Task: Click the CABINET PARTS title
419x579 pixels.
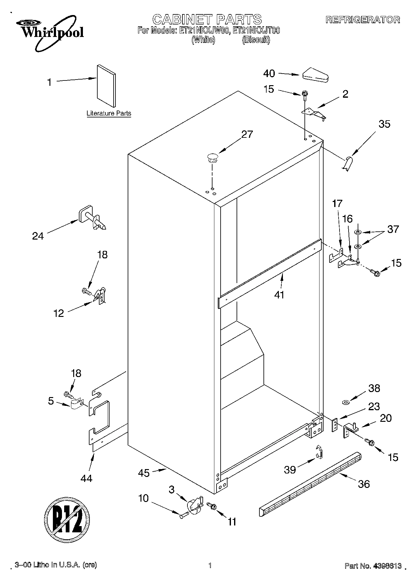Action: [x=207, y=19]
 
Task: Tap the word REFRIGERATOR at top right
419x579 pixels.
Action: [x=363, y=20]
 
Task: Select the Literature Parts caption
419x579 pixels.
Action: [x=109, y=113]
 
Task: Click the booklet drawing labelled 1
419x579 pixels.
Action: [x=106, y=86]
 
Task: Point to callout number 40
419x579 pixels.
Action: [x=269, y=74]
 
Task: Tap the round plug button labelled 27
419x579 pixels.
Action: [x=212, y=157]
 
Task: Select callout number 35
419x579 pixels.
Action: [x=384, y=124]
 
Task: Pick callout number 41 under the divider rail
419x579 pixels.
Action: [x=279, y=294]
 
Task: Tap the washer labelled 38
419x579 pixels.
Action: [x=346, y=402]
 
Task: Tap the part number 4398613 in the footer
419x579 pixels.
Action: [x=387, y=566]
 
